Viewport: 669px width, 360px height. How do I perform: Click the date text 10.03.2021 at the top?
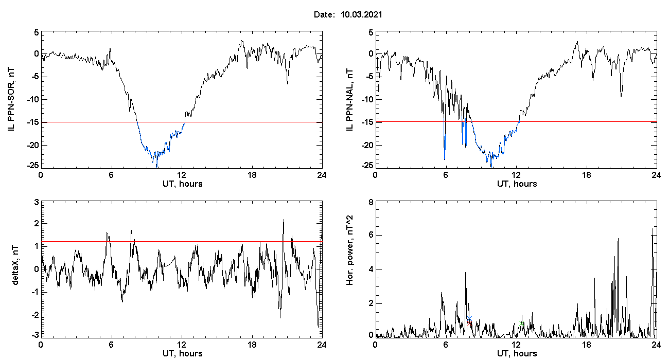coord(361,14)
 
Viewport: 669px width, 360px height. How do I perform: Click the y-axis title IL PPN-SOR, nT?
coord(11,99)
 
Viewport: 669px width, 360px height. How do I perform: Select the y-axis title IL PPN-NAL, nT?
coord(349,100)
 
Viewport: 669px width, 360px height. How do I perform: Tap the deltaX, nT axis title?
coord(15,265)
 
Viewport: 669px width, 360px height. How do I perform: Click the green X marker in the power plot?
coord(521,322)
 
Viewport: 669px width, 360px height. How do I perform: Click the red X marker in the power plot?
coord(469,323)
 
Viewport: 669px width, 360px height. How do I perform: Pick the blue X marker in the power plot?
coord(469,318)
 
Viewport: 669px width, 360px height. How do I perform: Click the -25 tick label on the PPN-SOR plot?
coord(33,165)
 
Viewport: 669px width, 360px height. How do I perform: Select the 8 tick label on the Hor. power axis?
coord(371,203)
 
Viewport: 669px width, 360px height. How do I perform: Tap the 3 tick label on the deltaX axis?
coord(37,203)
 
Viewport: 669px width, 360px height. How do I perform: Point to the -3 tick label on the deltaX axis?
coord(35,335)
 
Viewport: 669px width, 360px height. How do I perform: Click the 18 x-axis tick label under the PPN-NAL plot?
coord(587,175)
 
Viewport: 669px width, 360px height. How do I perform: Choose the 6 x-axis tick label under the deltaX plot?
coord(111,345)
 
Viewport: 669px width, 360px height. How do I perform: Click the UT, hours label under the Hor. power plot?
coord(517,354)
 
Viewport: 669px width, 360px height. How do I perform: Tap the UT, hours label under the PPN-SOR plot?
coord(183,184)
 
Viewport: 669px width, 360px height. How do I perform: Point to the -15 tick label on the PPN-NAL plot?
coord(367,122)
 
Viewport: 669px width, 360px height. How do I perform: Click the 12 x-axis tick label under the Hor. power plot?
coord(516,345)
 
